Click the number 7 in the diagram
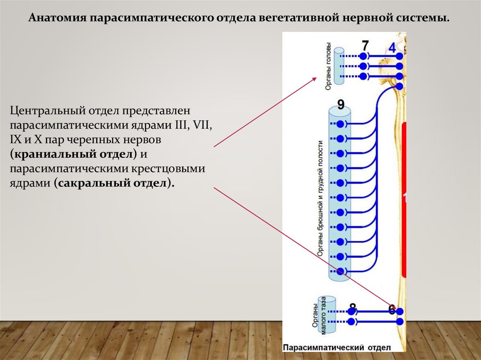pyautogui.click(x=365, y=46)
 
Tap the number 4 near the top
pyautogui.click(x=393, y=47)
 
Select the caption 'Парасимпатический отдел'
pyautogui.click(x=336, y=347)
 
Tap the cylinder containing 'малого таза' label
pyautogui.click(x=327, y=316)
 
